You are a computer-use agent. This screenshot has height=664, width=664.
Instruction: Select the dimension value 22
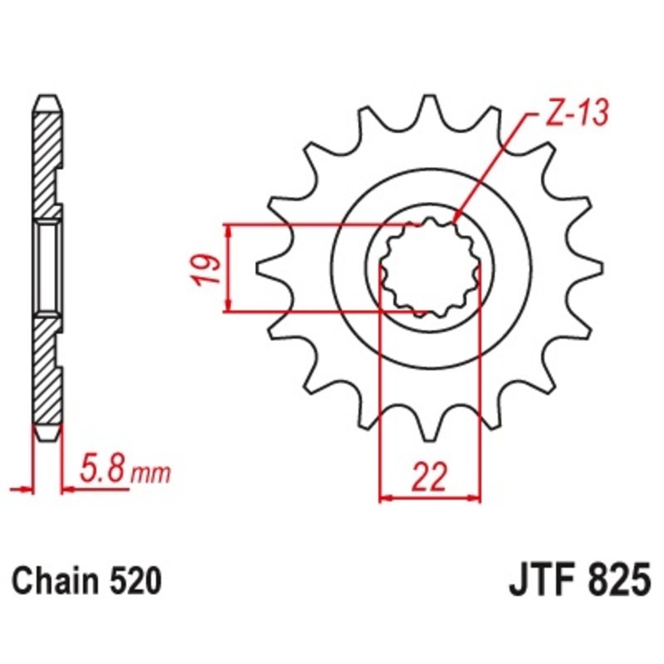[429, 477]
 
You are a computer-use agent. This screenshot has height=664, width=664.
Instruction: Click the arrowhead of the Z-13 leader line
[456, 220]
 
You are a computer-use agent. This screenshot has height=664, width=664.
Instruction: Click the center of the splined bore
[429, 268]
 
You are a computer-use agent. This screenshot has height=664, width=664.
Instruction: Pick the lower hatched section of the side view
[47, 373]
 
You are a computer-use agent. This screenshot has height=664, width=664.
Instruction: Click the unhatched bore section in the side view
[47, 267]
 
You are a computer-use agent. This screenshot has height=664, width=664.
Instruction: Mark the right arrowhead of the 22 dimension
[476, 499]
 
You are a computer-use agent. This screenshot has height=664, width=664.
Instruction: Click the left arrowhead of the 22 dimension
[384, 499]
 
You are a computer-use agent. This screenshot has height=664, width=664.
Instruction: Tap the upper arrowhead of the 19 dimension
[227, 230]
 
